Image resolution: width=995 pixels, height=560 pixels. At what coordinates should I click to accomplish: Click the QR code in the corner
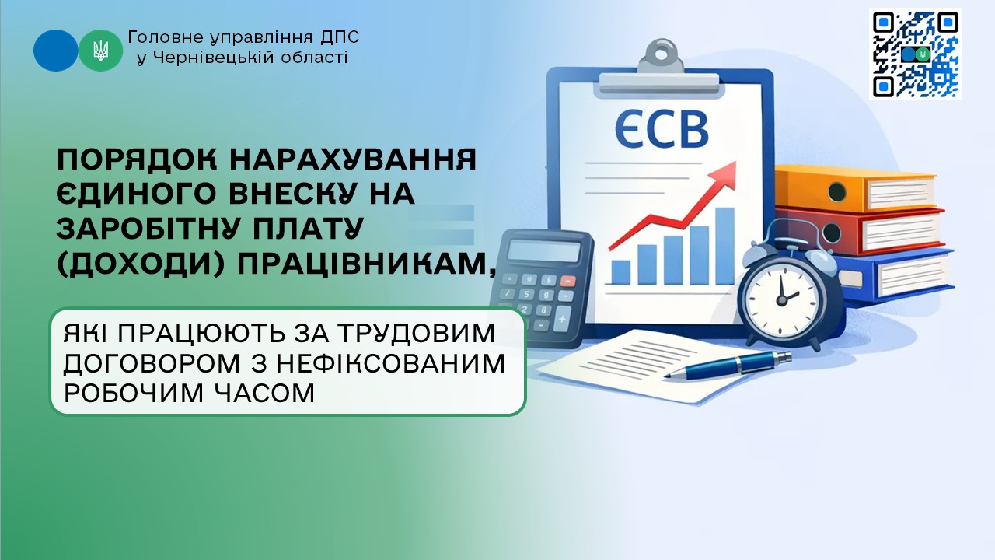[915, 54]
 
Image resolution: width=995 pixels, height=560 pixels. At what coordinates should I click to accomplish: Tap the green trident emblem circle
[101, 51]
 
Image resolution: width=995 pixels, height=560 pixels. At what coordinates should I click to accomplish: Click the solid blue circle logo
[55, 51]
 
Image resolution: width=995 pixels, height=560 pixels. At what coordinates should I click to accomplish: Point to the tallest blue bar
[724, 246]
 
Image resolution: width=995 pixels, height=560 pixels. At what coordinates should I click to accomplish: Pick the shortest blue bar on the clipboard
[620, 272]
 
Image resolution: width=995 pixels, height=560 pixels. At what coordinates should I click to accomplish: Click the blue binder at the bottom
[893, 276]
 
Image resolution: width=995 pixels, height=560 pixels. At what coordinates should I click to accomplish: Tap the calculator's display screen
[543, 251]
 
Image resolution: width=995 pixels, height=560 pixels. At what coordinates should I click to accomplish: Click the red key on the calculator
[567, 281]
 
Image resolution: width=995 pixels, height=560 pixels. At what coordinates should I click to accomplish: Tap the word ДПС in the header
[340, 37]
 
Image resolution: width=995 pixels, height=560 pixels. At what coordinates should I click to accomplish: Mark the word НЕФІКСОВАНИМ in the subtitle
[390, 363]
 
